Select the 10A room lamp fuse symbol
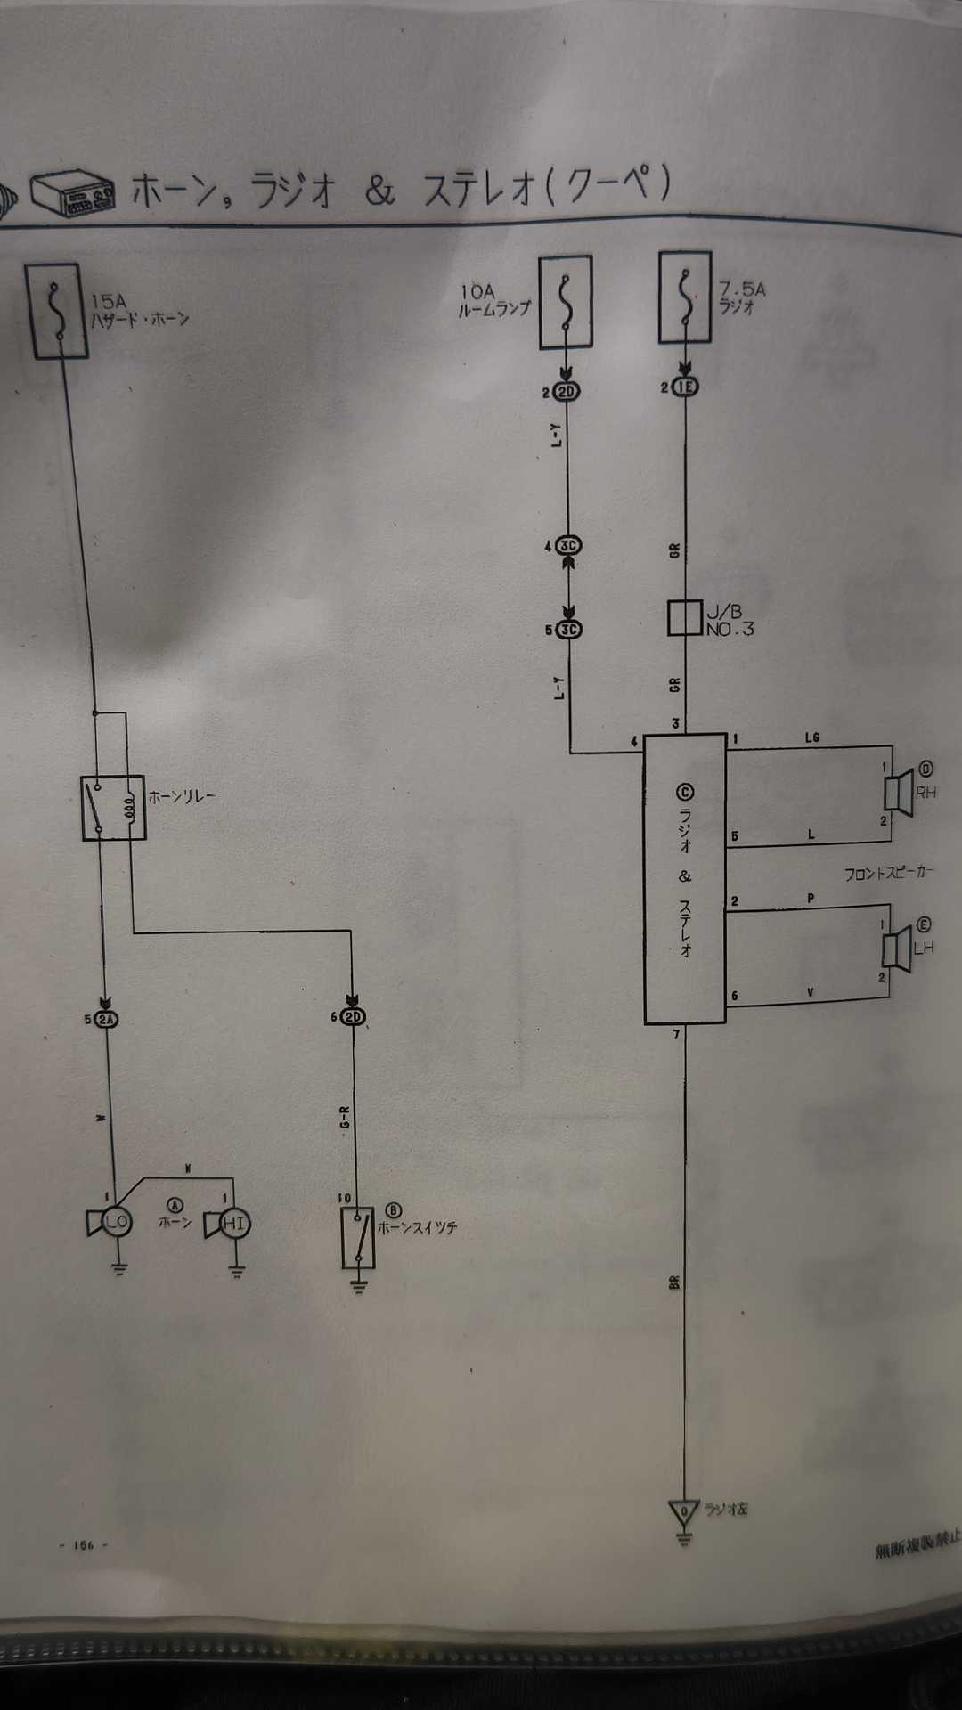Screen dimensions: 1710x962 click(566, 302)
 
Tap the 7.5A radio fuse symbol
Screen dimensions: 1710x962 click(685, 297)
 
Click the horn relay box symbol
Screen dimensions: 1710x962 click(113, 809)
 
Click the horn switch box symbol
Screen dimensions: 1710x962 click(358, 1237)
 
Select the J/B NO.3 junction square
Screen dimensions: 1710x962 click(685, 618)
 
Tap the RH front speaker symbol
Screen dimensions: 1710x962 click(898, 791)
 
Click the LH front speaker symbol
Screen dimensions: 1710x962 click(896, 948)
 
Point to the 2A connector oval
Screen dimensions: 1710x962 click(107, 1020)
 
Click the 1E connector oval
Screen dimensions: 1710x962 click(685, 387)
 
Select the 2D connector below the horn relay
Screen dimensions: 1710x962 click(354, 1017)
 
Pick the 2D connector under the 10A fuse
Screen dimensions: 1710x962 click(567, 391)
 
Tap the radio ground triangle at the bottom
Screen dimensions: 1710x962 click(684, 1511)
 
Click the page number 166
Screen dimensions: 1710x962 click(84, 1545)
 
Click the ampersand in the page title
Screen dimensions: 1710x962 click(379, 191)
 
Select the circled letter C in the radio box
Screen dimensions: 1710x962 click(685, 792)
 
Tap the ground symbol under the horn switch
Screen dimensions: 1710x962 click(358, 1285)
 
